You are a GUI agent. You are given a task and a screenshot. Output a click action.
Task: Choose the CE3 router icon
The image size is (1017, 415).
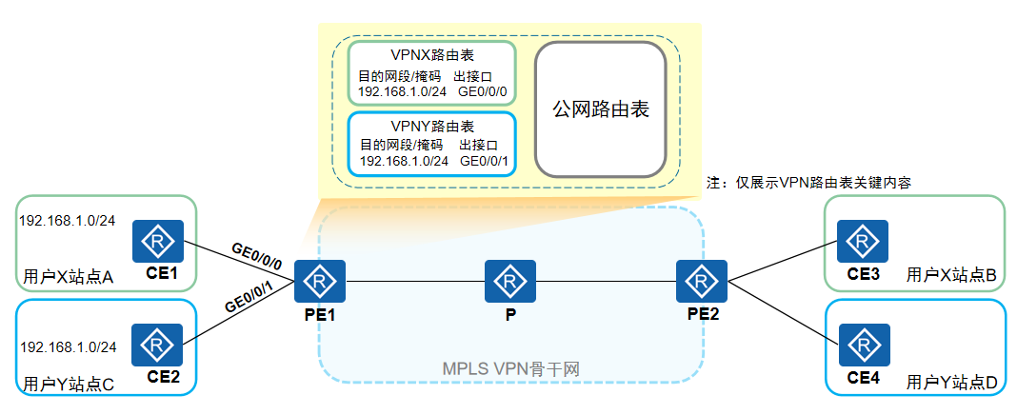click(863, 243)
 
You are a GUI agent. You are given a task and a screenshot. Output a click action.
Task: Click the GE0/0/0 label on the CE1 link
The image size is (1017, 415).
click(256, 252)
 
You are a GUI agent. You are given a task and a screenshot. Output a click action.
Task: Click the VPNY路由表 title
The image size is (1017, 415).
click(431, 126)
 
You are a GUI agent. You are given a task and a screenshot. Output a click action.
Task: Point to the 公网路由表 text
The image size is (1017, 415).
click(601, 109)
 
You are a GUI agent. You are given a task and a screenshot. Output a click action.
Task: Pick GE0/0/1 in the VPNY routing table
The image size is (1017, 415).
click(484, 162)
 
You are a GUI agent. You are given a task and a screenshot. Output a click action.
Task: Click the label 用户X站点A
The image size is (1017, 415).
click(68, 278)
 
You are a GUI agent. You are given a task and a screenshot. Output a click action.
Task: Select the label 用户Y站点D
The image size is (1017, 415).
click(951, 383)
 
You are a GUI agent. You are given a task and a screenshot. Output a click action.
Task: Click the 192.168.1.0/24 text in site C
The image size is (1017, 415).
click(68, 346)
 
